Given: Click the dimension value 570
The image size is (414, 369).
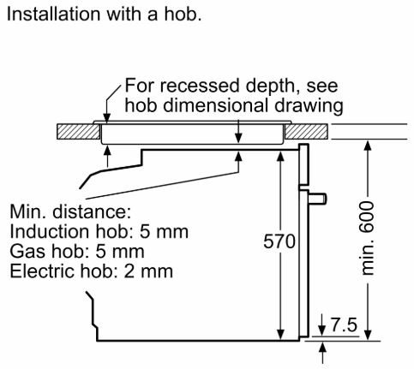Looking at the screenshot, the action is tap(279, 241).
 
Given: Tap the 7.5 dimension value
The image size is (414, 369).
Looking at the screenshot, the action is tap(344, 324).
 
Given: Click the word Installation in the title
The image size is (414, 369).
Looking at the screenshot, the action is tap(54, 14).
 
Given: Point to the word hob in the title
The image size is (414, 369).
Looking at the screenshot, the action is tap(180, 14).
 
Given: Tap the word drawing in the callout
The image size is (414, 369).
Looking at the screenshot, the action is tap(309, 106).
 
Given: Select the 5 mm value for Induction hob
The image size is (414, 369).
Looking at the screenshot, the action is tap(164, 232).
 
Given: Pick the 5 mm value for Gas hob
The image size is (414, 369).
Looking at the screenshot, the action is tap(120, 252).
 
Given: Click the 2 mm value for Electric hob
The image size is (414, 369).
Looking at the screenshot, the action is tap(148, 271).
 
